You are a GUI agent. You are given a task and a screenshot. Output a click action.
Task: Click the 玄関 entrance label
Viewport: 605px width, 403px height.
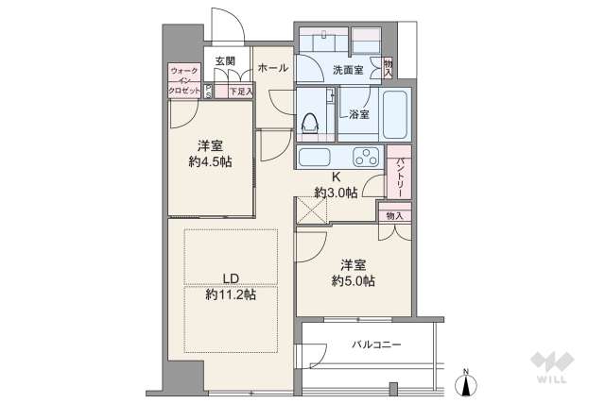tap(224, 61)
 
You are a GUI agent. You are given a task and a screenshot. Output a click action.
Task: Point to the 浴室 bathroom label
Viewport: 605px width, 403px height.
tap(358, 114)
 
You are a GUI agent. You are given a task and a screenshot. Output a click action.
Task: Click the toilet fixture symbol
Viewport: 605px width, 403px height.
tap(310, 122)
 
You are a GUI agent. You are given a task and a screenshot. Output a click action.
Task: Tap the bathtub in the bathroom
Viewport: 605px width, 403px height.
tap(396, 115)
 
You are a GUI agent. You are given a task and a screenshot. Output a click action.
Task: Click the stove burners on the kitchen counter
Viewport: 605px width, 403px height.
tap(363, 157)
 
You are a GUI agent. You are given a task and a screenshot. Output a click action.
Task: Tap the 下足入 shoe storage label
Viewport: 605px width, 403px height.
tap(241, 92)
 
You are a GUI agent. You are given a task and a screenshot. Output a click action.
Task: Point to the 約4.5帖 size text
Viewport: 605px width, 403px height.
tap(211, 160)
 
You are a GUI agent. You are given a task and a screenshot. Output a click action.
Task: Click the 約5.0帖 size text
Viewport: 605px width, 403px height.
tap(354, 281)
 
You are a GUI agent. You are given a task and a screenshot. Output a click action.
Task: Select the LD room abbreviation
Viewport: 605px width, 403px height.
tap(230, 277)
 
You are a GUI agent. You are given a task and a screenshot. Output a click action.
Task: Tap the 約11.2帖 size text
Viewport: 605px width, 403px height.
tap(231, 294)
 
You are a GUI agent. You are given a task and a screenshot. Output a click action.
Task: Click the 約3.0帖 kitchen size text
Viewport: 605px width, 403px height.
tap(337, 193)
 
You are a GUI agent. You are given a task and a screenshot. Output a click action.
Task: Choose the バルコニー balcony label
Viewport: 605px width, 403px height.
tap(376, 344)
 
